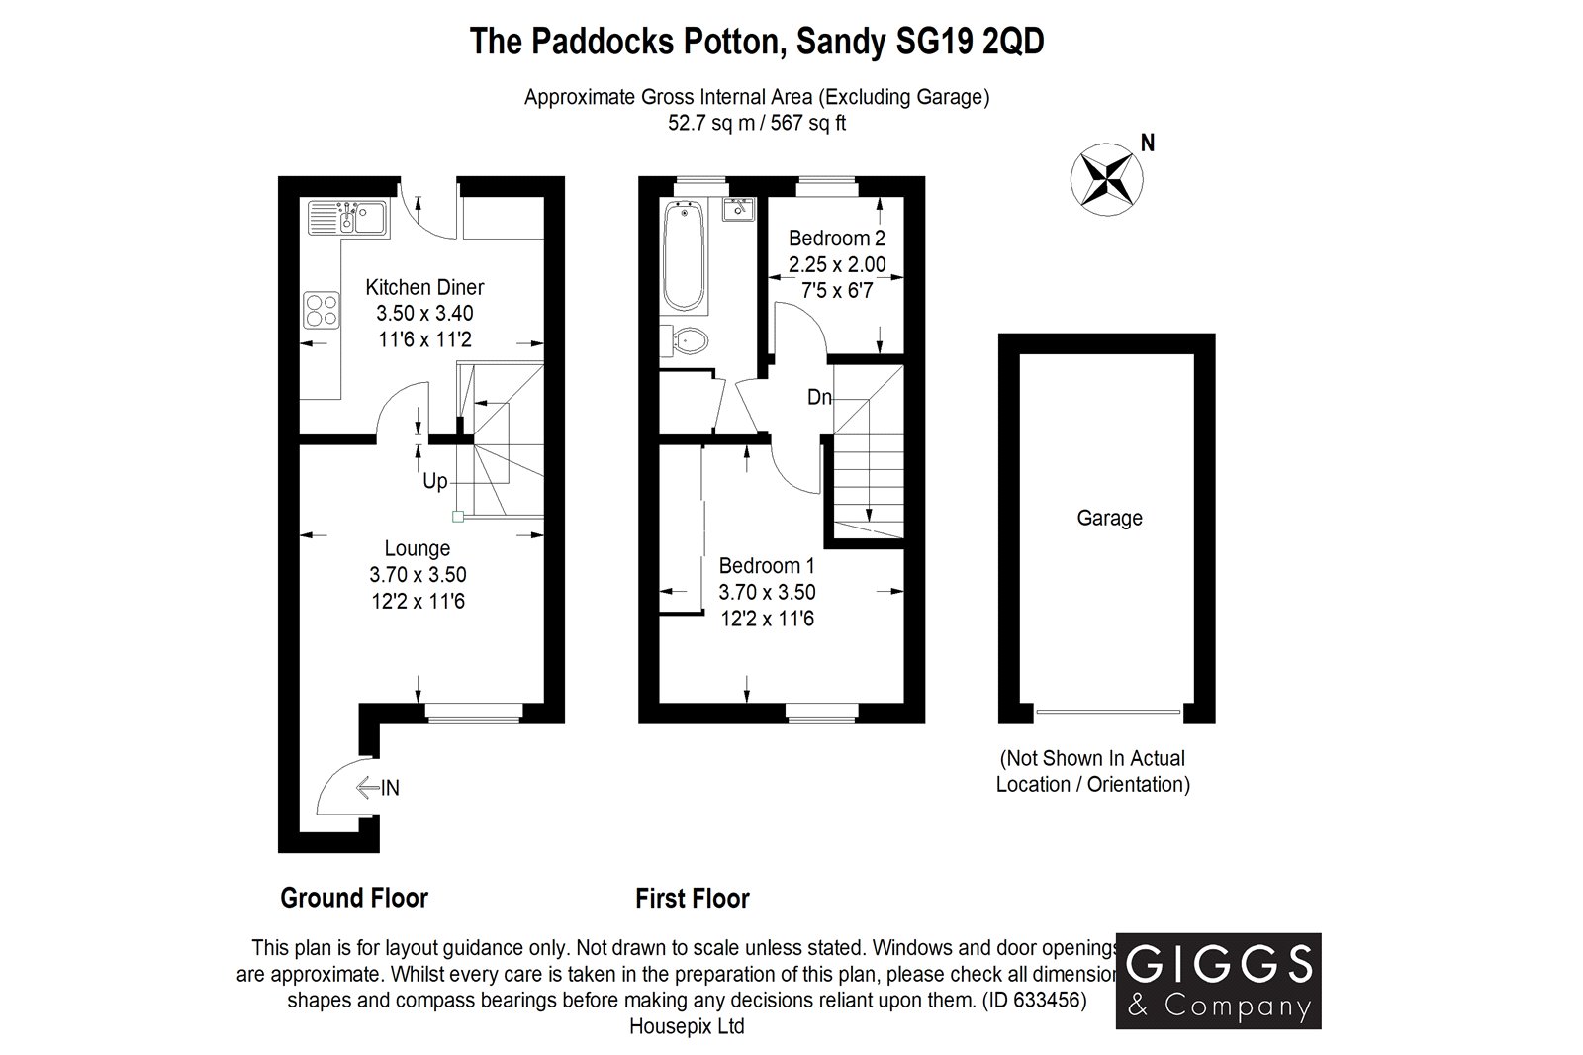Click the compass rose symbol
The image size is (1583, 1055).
(x=1106, y=179)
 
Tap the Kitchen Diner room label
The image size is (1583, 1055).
(x=424, y=288)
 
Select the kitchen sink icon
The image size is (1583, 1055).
(x=346, y=217)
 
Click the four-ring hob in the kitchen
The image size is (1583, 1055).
(x=321, y=309)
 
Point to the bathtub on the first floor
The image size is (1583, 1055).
(x=684, y=254)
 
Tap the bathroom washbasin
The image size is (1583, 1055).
(x=738, y=210)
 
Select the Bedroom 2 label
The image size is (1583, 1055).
(x=836, y=239)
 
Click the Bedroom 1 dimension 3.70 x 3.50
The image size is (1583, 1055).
(x=767, y=593)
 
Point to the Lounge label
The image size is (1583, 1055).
(x=417, y=548)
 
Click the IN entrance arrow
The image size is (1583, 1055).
(x=378, y=788)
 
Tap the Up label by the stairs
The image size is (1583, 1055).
(x=434, y=482)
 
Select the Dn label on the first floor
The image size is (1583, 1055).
(x=819, y=398)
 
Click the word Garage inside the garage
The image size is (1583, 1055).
(x=1109, y=518)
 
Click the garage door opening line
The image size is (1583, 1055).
(x=1107, y=711)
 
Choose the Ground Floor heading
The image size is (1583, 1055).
(x=354, y=898)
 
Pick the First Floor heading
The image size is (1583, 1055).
(x=692, y=898)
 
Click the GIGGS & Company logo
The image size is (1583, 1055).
(x=1218, y=980)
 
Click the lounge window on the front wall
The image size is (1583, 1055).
(x=473, y=709)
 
